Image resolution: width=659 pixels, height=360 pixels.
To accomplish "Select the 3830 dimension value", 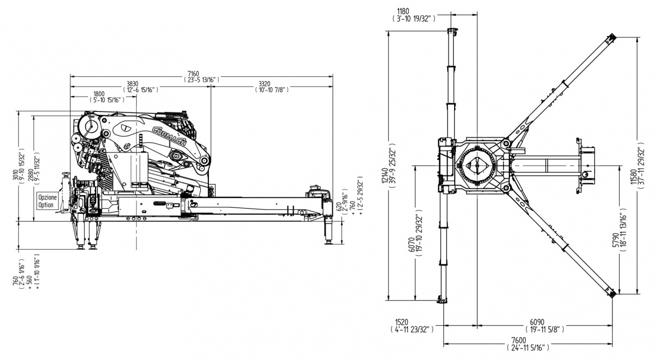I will tap(133, 83).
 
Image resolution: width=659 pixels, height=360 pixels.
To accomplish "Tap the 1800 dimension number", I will tap(99, 93).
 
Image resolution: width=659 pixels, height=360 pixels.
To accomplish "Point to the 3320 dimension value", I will tap(267, 83).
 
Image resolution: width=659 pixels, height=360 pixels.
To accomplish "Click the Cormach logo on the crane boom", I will tap(170, 137).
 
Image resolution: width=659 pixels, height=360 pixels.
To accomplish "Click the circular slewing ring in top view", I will tap(476, 164).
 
